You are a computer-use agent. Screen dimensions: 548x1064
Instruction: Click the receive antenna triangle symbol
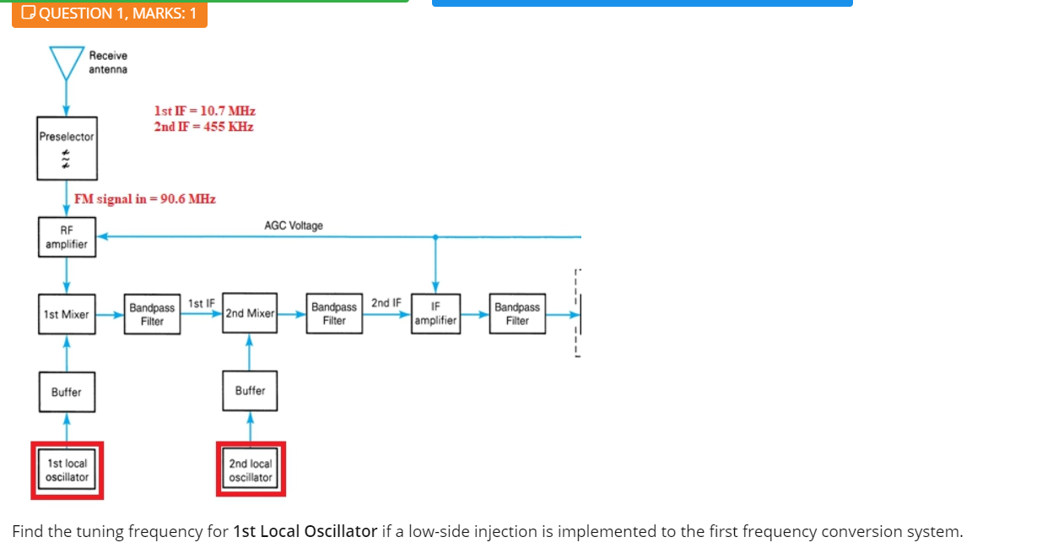tap(67, 60)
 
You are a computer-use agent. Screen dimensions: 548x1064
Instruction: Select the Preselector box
tap(67, 148)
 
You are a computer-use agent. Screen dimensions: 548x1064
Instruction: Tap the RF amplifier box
tap(67, 237)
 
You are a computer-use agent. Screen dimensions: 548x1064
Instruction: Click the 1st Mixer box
tap(67, 314)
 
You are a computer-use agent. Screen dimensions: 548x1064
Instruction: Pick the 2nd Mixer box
tap(250, 313)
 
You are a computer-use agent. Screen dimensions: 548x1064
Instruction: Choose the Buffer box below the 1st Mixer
tap(67, 392)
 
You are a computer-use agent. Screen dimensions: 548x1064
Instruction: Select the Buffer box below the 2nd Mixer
tap(250, 391)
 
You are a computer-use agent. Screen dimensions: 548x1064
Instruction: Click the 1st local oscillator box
tap(67, 470)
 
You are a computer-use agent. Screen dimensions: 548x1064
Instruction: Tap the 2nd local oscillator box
tap(251, 470)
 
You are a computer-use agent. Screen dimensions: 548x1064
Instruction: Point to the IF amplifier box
tap(435, 313)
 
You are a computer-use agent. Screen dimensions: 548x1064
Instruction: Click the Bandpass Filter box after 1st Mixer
tap(153, 314)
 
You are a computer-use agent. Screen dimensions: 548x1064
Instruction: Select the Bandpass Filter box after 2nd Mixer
tap(334, 313)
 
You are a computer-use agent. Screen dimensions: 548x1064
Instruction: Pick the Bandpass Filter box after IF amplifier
tap(517, 313)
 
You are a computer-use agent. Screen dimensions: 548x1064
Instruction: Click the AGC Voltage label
tap(294, 225)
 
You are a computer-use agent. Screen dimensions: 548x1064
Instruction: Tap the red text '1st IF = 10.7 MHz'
tap(204, 111)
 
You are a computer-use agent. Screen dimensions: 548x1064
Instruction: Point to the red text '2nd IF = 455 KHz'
tap(203, 127)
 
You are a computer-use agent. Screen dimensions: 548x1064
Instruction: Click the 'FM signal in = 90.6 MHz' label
tap(145, 199)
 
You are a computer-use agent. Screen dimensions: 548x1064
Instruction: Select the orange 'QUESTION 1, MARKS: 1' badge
tap(110, 13)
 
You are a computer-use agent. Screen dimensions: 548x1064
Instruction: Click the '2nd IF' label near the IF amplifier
tap(386, 302)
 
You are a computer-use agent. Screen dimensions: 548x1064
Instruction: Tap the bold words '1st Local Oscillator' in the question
tap(305, 531)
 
